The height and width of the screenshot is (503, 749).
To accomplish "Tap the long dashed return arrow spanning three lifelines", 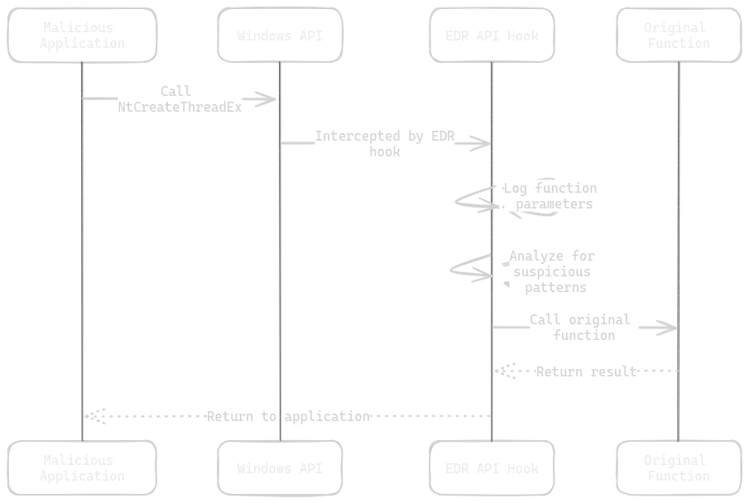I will click(x=290, y=415).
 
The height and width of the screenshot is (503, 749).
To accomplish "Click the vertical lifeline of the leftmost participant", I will click(x=83, y=248).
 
